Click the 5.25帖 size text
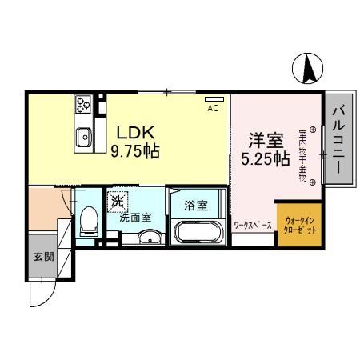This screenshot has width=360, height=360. tap(265, 158)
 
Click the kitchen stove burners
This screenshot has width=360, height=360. tap(84, 104)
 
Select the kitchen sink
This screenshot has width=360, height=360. tap(83, 138)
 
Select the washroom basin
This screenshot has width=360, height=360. tap(148, 238)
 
